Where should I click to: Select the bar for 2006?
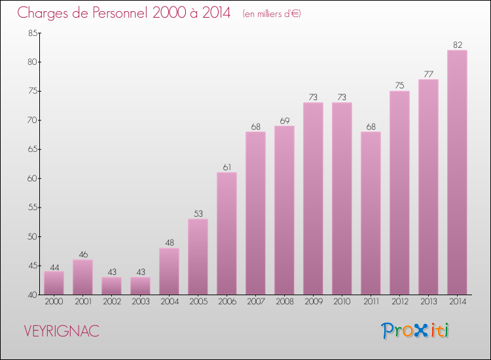tap(227, 234)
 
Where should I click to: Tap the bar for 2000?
tap(54, 283)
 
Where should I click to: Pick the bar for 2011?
tap(371, 213)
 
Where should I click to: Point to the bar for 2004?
tap(169, 271)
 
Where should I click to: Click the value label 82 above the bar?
tap(457, 45)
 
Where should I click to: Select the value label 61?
tap(227, 168)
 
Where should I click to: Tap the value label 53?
tap(198, 214)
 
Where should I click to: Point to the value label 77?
tap(428, 75)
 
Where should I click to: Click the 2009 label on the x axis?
tap(313, 302)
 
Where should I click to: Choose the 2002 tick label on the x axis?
tap(111, 302)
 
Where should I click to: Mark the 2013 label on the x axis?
tap(428, 302)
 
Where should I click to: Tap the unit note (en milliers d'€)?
tap(271, 14)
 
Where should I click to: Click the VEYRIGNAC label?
tap(61, 331)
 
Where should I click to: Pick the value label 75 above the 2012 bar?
tap(399, 86)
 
